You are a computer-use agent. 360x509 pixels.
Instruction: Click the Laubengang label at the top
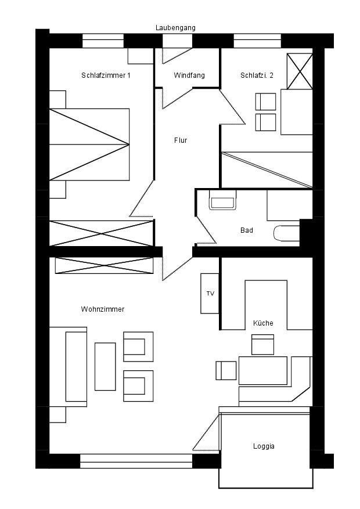pyautogui.click(x=175, y=28)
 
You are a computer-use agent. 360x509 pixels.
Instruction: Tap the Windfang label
pyautogui.click(x=189, y=75)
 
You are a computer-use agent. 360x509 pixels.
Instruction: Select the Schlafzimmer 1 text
pyautogui.click(x=106, y=75)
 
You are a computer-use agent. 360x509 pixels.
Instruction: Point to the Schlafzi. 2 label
pyautogui.click(x=257, y=75)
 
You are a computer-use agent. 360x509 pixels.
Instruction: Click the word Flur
pyautogui.click(x=181, y=140)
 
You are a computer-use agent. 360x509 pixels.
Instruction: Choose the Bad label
pyautogui.click(x=247, y=230)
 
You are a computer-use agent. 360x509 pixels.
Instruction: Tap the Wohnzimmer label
pyautogui.click(x=103, y=309)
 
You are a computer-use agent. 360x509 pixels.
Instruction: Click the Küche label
pyautogui.click(x=263, y=323)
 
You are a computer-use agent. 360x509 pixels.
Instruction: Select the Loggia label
pyautogui.click(x=264, y=446)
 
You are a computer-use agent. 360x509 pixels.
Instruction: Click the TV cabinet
pyautogui.click(x=210, y=294)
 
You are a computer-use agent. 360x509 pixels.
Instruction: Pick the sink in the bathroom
pyautogui.click(x=223, y=200)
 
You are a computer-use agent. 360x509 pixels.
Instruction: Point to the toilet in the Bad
pyautogui.click(x=287, y=233)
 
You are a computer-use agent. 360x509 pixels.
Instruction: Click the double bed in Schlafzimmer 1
pyautogui.click(x=89, y=145)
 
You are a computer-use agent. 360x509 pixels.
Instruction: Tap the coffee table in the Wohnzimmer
pyautogui.click(x=105, y=366)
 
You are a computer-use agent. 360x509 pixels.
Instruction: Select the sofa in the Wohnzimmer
pyautogui.click(x=68, y=367)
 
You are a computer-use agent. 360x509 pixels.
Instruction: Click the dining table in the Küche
pyautogui.click(x=263, y=371)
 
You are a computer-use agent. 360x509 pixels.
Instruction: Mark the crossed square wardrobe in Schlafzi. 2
pyautogui.click(x=300, y=71)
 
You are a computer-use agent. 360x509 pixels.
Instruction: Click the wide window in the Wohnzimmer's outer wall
pyautogui.click(x=136, y=461)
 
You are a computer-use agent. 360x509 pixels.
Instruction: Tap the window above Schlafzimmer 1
pyautogui.click(x=103, y=41)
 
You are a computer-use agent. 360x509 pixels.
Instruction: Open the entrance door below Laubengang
pyautogui.click(x=177, y=41)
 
